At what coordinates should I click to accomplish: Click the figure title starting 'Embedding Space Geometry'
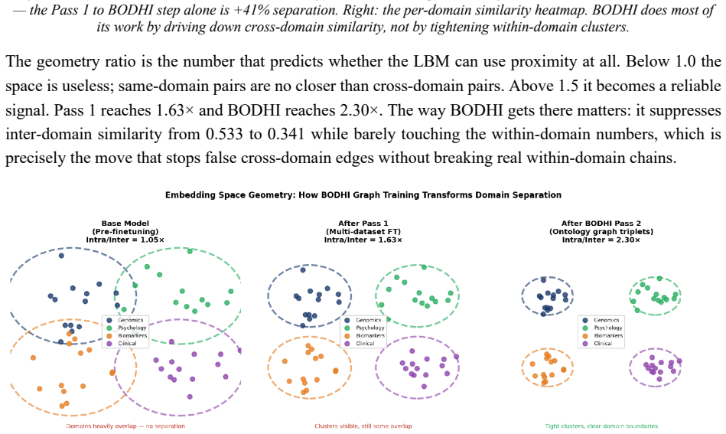click(363, 195)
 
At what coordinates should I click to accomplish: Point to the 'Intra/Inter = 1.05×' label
click(125, 240)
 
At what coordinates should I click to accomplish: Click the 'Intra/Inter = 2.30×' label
click(601, 240)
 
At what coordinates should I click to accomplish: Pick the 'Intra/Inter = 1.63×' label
click(363, 240)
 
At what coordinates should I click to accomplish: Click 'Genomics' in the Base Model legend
click(131, 320)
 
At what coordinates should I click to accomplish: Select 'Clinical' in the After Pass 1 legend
click(365, 343)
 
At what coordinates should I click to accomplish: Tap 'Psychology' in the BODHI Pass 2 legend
click(608, 328)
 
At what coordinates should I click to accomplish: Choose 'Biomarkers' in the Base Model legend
click(132, 335)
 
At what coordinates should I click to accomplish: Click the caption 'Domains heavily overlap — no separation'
click(125, 426)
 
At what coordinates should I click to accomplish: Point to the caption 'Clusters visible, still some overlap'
click(363, 426)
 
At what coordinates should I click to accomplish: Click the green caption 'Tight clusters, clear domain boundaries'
click(601, 426)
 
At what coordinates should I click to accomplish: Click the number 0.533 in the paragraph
click(224, 134)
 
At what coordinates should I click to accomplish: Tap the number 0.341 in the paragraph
click(286, 134)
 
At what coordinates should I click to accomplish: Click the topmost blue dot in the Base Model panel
click(61, 255)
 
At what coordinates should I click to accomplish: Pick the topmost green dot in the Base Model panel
click(190, 251)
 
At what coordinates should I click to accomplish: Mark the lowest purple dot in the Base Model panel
click(190, 396)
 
